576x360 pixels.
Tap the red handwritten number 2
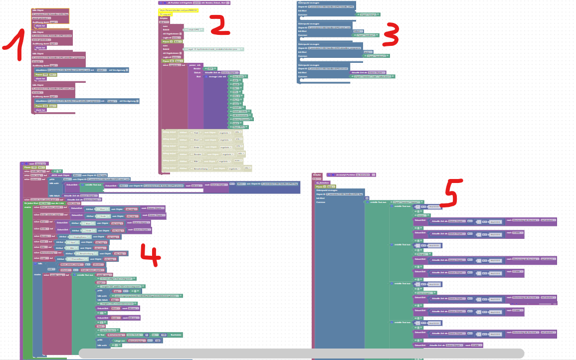pos(219,25)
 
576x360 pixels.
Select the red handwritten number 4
pos(149,255)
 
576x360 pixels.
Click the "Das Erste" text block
pos(238,76)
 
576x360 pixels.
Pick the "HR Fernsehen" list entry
pos(240,115)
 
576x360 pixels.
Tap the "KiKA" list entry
pos(236,123)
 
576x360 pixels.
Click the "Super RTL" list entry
pos(239,127)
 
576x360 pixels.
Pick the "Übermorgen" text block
pos(424,293)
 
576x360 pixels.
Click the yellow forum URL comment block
pos(172,9)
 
